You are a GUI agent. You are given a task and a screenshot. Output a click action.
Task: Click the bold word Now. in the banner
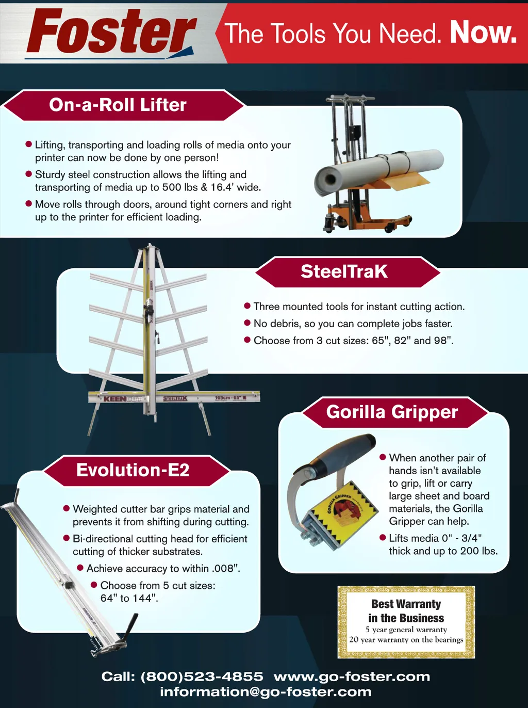coord(483,33)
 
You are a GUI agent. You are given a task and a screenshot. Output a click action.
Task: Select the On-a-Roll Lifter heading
coord(118,105)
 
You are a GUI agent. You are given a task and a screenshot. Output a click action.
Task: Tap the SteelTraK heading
coord(344,271)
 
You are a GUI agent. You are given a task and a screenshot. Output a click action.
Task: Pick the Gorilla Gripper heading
coord(392,412)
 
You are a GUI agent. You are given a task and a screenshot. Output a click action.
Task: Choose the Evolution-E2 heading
coord(133,470)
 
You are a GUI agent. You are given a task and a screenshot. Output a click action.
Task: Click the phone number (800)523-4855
coord(202,677)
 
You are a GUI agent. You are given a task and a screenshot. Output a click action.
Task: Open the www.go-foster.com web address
coord(352,677)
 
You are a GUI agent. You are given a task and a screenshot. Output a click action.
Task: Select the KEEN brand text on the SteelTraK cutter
coord(114,399)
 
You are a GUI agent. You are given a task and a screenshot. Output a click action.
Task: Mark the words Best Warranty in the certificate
coord(406,603)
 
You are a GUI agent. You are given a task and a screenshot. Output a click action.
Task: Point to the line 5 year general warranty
coord(406,629)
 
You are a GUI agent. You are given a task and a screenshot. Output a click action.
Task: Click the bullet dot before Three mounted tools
coord(247,305)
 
